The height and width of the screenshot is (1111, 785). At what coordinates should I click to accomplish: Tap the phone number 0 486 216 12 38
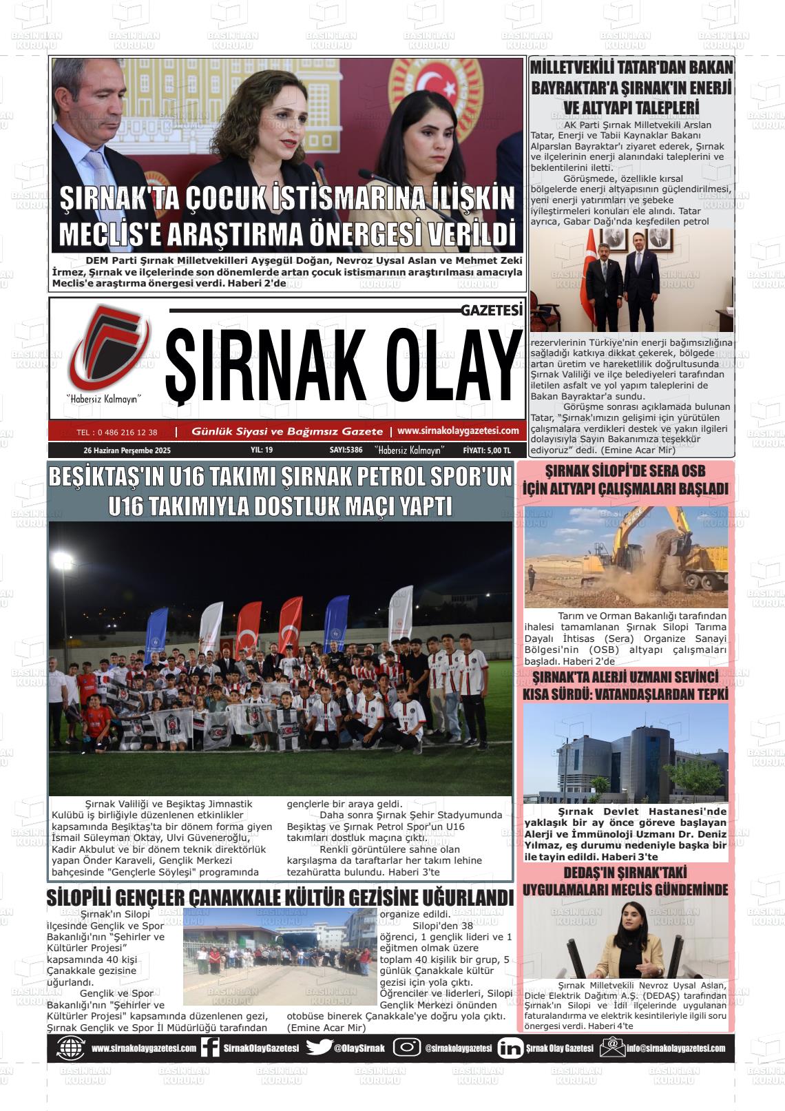pos(117,433)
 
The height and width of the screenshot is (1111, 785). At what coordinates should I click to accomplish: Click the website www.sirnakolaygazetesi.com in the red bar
pos(458,431)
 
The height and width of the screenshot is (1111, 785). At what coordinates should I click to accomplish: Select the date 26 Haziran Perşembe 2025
pos(127,450)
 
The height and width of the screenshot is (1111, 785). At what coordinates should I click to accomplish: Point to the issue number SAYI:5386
pos(346,450)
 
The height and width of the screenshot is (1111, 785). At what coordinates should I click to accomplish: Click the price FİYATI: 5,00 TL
pos(488,450)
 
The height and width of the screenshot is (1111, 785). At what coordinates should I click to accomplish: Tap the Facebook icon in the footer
pos(209,1048)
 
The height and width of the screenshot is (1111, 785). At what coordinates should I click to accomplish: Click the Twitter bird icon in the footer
pos(319,1048)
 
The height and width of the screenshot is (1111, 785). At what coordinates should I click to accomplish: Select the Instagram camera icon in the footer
pos(407,1048)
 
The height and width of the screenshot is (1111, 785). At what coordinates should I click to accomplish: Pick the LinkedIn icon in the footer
pos(510,1048)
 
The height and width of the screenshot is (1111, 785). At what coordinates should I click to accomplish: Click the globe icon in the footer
pos(70,1048)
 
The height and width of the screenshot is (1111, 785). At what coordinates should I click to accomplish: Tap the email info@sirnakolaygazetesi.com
pos(675,1048)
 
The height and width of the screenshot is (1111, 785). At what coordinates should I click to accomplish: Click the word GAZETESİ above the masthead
pos(492,311)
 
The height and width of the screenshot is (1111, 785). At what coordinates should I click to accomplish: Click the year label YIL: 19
pos(262,450)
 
